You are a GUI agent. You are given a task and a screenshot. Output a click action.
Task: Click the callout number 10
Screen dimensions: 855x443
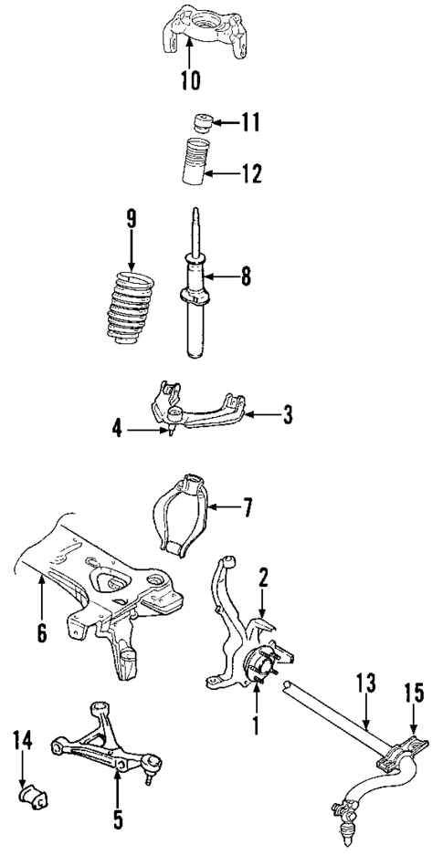click(x=189, y=79)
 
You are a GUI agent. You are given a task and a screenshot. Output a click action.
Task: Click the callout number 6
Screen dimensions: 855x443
click(x=41, y=632)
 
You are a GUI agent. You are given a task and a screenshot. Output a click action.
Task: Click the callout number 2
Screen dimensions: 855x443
click(x=262, y=577)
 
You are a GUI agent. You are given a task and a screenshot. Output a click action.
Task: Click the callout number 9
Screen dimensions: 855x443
click(x=131, y=218)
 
